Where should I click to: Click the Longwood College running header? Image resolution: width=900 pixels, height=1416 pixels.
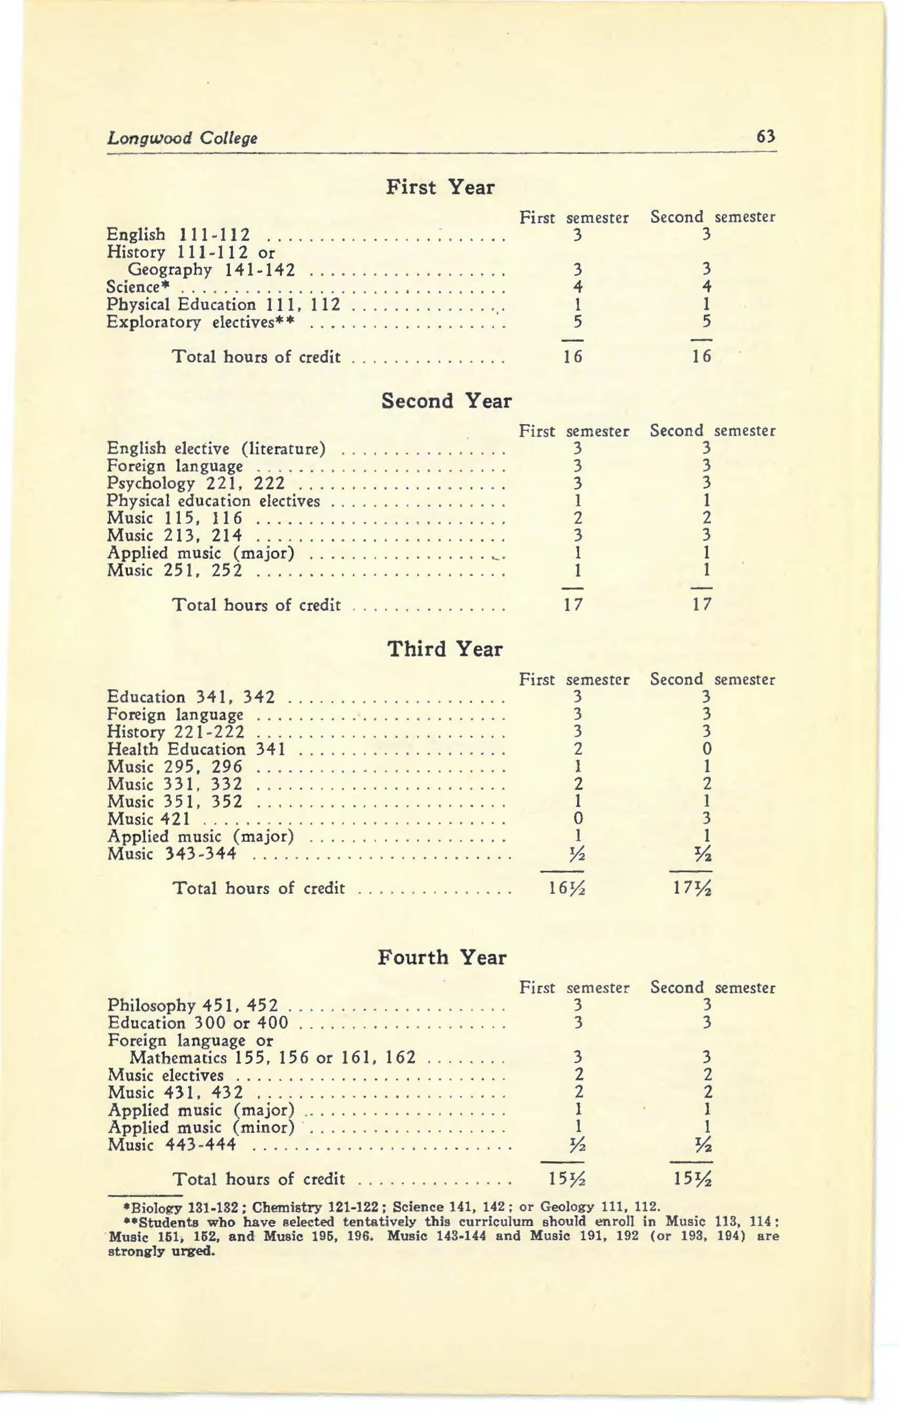pos(182,139)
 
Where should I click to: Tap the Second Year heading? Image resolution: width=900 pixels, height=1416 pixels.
pos(446,401)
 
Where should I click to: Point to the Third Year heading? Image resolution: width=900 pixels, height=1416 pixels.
pos(445,649)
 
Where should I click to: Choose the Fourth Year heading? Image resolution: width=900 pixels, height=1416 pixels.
pos(441,957)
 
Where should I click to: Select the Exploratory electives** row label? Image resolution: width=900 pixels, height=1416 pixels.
pos(200,322)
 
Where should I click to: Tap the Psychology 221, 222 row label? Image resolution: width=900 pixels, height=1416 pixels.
pos(196,484)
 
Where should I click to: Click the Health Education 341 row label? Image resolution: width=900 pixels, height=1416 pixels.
pos(196,749)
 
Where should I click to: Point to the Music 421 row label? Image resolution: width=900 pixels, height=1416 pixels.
pos(154,819)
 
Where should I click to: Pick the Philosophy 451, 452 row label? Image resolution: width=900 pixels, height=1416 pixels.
pos(192,1006)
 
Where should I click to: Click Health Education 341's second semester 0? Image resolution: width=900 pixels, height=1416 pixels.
pos(707,749)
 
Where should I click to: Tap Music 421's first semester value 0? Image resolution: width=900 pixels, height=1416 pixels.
pos(578,819)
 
